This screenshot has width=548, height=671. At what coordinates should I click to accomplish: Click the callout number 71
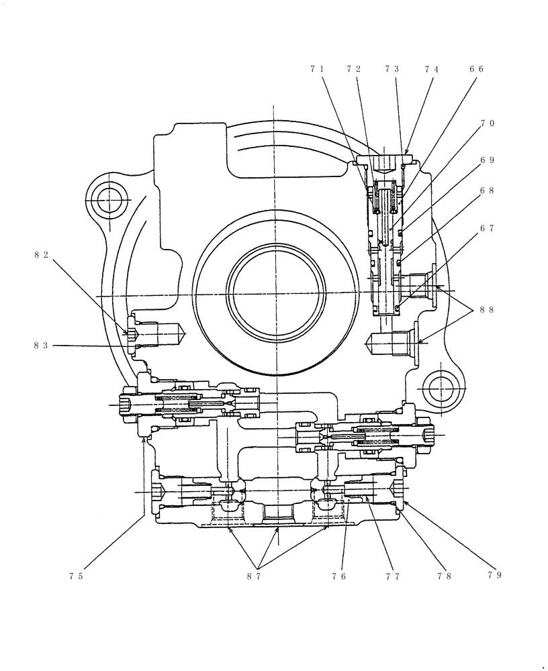pos(317,69)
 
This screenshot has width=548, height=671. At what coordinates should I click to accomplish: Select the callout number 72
pos(354,69)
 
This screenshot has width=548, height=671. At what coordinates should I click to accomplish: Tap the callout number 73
pos(392,69)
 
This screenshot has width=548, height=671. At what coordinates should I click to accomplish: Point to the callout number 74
pos(432,69)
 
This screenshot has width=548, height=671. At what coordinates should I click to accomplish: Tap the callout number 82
pos(41,254)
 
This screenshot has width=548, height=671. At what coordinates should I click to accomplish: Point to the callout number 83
pos(41,346)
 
